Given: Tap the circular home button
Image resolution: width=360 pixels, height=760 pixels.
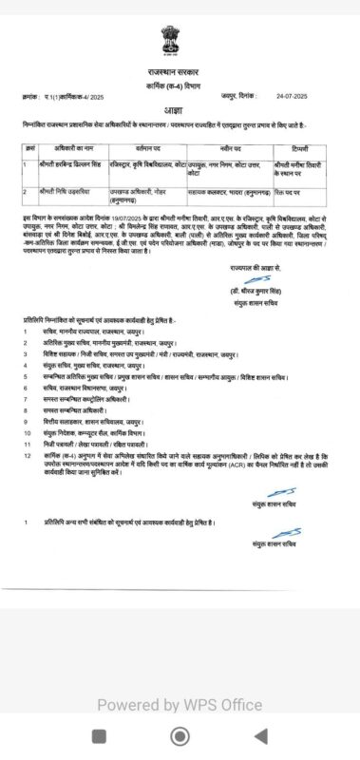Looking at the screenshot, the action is tap(180, 736).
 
